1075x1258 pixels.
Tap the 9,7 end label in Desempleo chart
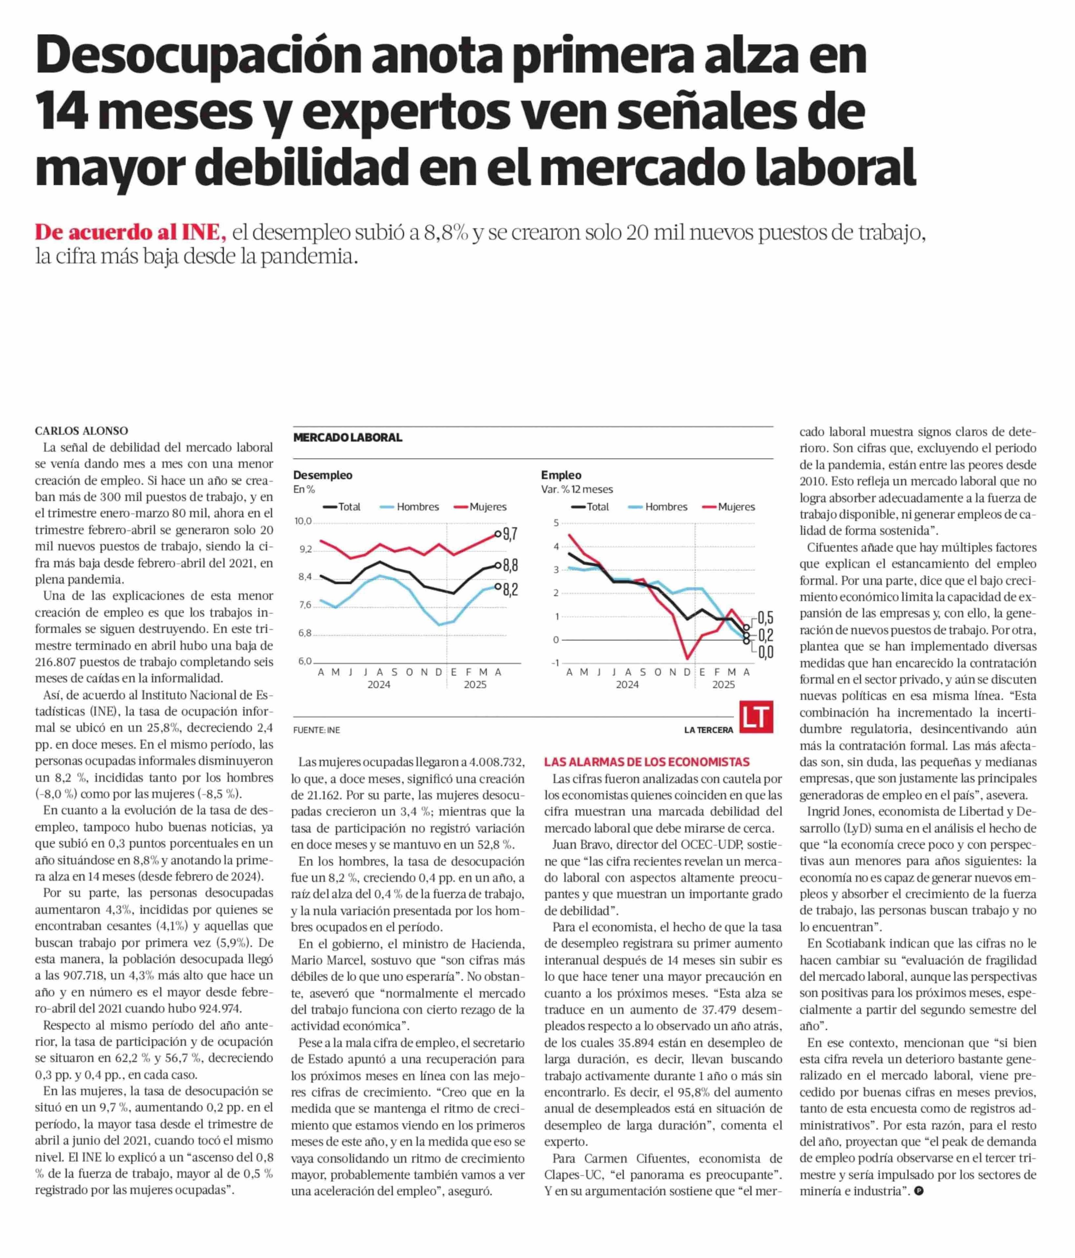pos(510,534)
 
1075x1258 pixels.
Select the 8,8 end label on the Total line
pos(510,566)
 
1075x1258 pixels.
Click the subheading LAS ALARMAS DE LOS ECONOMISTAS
pos(647,762)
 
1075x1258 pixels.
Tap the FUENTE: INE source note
pos(316,730)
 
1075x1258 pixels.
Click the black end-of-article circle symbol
pos(919,1191)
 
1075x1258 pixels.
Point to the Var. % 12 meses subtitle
pos(577,489)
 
